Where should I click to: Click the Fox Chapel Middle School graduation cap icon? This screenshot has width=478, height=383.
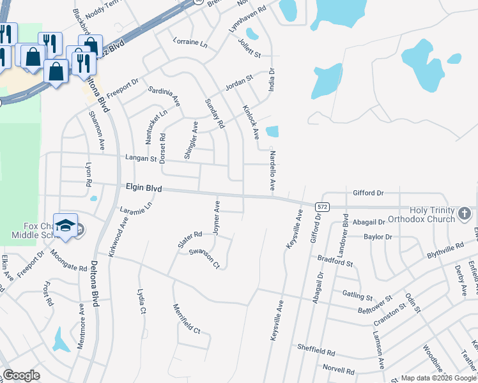pos(65,225)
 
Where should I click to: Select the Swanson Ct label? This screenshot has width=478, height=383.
pos(204,259)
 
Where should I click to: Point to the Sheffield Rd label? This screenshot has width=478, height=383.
pos(316,350)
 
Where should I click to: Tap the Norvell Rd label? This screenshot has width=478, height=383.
pos(338,370)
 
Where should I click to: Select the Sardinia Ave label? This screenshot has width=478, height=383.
pos(164,96)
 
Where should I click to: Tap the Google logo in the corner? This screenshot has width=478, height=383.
pos(21,375)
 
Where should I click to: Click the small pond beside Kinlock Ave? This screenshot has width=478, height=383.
pos(272,132)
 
